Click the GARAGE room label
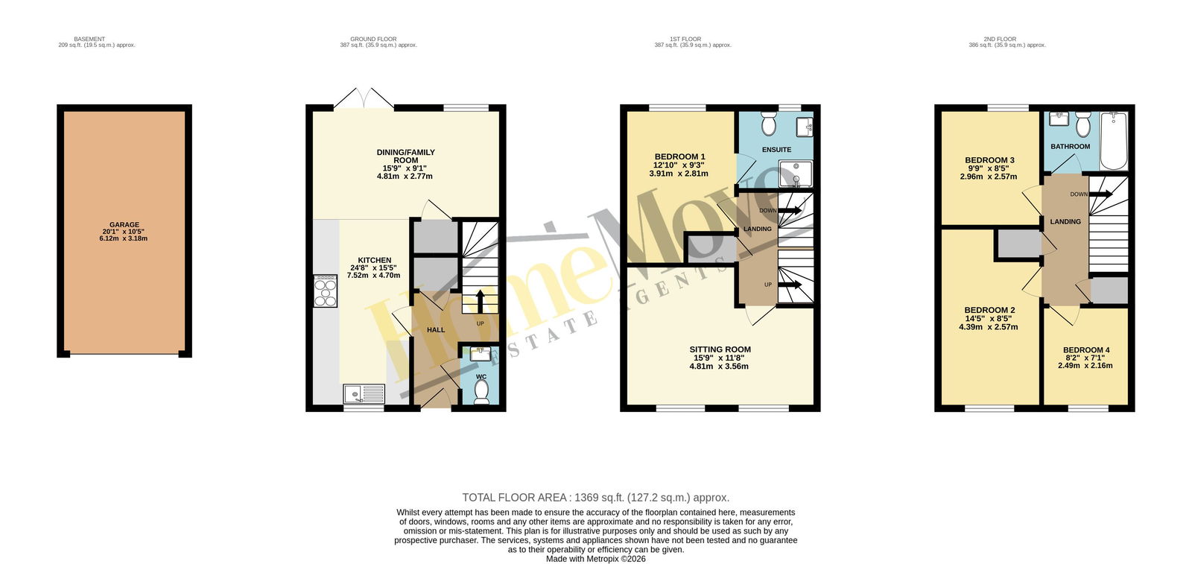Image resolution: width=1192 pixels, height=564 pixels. (x=124, y=225)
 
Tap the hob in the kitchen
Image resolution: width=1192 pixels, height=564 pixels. (x=325, y=291)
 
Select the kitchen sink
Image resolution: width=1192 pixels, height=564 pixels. (x=364, y=394)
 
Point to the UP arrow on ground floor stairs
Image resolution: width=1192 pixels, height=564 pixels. (x=480, y=302)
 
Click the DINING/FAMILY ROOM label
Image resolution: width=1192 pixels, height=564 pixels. (x=405, y=156)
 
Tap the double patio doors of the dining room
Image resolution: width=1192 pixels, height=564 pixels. (x=364, y=98)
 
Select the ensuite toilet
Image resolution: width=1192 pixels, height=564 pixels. (x=768, y=124)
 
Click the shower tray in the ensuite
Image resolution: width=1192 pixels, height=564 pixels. (x=796, y=174)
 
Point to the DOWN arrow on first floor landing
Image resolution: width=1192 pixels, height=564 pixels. (x=790, y=210)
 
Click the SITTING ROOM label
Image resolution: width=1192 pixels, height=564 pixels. (x=720, y=349)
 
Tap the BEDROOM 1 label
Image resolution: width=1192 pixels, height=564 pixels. (x=679, y=156)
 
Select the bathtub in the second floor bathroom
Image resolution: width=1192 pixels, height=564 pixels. (x=1113, y=141)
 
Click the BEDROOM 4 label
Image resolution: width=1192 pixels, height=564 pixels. (x=1086, y=350)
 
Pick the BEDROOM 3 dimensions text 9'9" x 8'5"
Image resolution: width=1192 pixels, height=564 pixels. (x=988, y=168)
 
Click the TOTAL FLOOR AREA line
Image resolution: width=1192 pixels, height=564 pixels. (x=595, y=498)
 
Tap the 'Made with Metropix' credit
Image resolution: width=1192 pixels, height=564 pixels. (x=595, y=559)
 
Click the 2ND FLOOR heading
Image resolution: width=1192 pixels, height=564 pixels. (x=999, y=39)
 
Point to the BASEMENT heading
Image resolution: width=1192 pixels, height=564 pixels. (x=89, y=39)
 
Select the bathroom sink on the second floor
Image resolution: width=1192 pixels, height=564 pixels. (x=1059, y=118)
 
